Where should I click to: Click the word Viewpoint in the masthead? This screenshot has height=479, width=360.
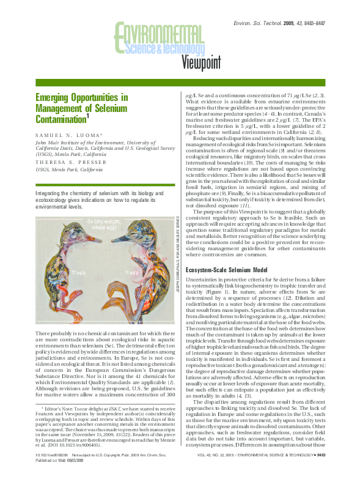pyautogui.click(x=208, y=61)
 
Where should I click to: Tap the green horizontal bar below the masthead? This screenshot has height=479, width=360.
pyautogui.click(x=180, y=83)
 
